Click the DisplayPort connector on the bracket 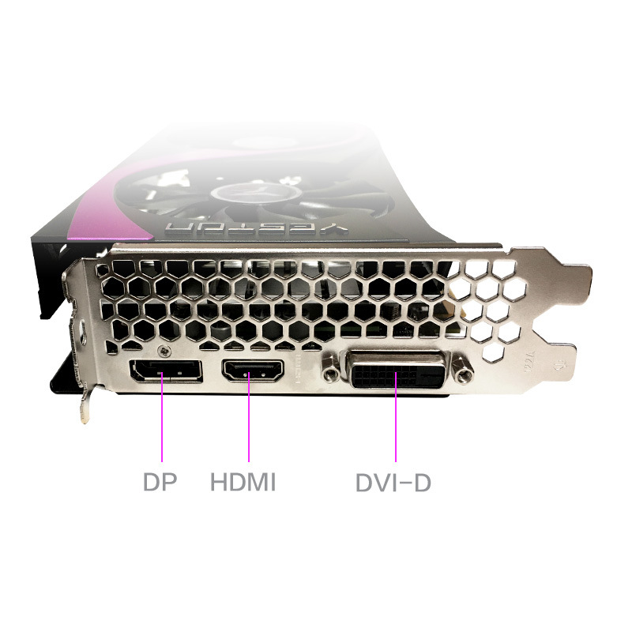[165, 371]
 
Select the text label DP [160, 482]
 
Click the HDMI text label [243, 482]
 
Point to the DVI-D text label [393, 482]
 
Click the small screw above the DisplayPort [164, 349]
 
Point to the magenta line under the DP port [162, 419]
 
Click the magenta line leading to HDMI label [249, 419]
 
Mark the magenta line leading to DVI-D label [395, 419]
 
